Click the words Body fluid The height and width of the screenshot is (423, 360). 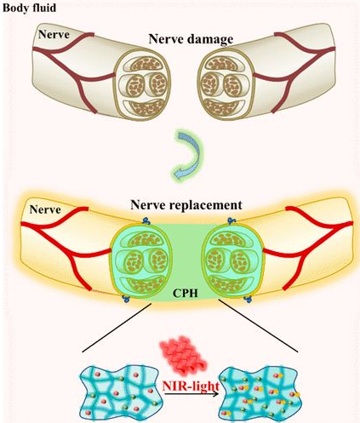point(29,8)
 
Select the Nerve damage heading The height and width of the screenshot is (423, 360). point(191,39)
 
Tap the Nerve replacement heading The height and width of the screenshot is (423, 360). point(186,205)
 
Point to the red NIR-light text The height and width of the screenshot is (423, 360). point(191,386)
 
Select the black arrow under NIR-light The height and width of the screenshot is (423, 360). point(191,394)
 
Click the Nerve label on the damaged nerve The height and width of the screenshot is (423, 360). point(54,34)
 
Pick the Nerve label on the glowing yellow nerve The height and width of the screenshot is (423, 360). point(45,209)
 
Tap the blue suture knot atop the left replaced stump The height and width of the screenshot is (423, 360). point(146,220)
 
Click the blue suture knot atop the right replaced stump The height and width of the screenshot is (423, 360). point(231,220)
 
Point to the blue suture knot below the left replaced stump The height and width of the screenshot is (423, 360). point(126,299)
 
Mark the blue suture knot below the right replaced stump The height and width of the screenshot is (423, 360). point(249,299)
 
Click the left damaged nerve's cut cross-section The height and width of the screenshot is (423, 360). point(141,84)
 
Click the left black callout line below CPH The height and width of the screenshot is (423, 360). point(117,328)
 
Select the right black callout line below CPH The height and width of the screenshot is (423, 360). point(258,326)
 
